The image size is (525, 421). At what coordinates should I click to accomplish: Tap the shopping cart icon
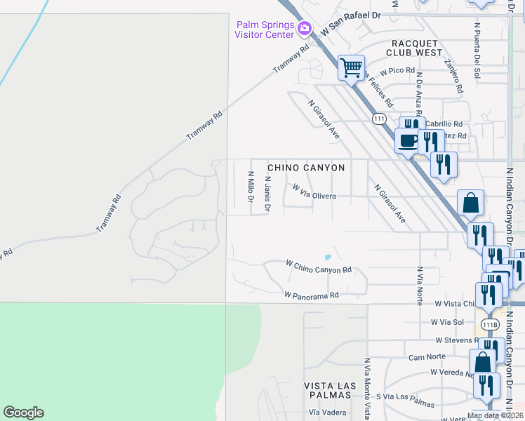click(351, 68)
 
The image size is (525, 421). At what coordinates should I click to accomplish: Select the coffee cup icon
click(408, 141)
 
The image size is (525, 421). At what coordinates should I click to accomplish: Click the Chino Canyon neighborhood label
click(306, 168)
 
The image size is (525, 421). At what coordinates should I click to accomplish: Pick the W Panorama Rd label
click(312, 295)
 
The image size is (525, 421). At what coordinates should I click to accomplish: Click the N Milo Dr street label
click(250, 186)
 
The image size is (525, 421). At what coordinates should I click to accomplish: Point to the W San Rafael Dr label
click(351, 33)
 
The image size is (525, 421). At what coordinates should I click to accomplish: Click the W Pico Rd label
click(397, 72)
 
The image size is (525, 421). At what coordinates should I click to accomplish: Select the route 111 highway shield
click(380, 119)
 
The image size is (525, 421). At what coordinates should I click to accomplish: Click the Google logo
click(23, 413)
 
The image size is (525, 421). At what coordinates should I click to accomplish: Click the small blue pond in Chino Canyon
click(328, 257)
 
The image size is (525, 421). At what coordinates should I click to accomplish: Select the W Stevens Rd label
click(458, 340)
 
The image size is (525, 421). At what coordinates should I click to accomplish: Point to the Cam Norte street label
click(427, 357)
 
